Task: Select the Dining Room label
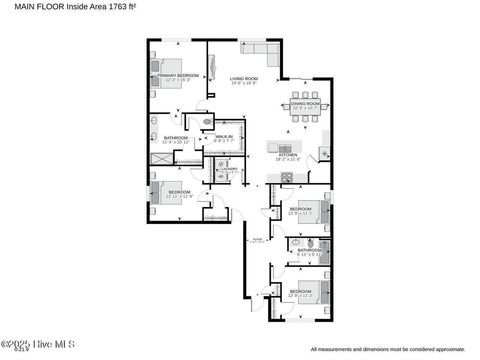305,102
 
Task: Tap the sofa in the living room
263,51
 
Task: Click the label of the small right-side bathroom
308,250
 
